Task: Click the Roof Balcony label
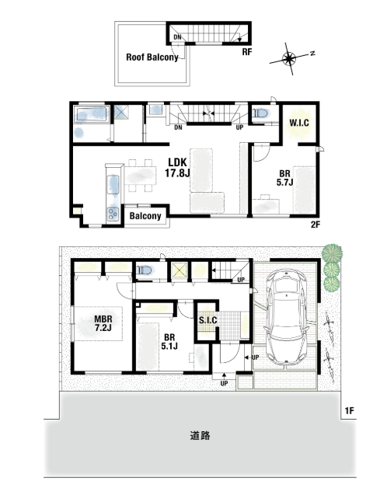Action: pos(152,58)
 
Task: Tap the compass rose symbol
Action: pos(289,58)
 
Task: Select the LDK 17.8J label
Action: pos(177,167)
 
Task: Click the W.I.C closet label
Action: pos(299,123)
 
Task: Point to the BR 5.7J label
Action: pos(284,178)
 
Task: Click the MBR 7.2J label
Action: pos(103,323)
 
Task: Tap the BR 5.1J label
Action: pos(169,341)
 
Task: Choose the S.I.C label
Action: pos(208,320)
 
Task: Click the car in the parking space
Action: pos(286,316)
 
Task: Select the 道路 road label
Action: pos(200,435)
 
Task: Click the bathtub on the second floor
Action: pos(92,114)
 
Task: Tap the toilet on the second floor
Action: pos(260,113)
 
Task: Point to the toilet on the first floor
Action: pos(145,270)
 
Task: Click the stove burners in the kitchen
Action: pos(113,214)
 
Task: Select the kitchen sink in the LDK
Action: pos(113,185)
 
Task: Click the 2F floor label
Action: pos(316,225)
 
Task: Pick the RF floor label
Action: pos(247,52)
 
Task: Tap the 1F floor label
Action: pos(350,411)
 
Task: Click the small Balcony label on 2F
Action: pos(145,216)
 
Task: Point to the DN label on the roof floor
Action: pos(177,37)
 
